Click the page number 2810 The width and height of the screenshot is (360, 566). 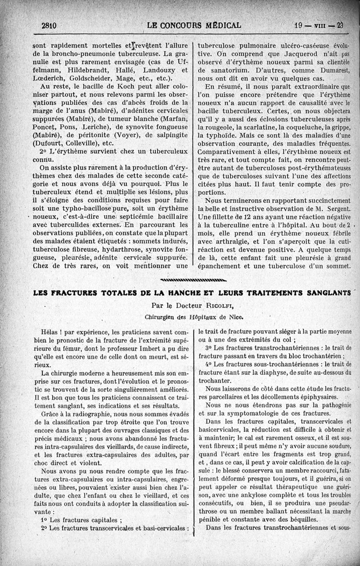49,26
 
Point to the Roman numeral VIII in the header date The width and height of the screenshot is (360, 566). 320,26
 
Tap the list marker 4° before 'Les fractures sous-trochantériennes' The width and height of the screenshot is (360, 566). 208,364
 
